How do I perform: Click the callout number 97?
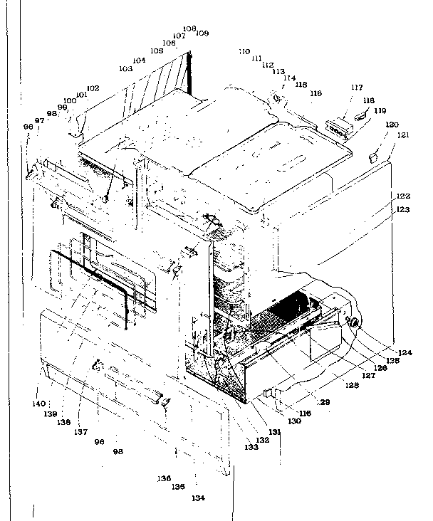pos(39,121)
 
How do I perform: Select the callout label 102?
pos(93,88)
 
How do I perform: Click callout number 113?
pos(278,72)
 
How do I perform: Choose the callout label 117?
pos(356,88)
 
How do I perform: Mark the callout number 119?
pos(380,110)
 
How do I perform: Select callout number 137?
pos(83,429)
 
